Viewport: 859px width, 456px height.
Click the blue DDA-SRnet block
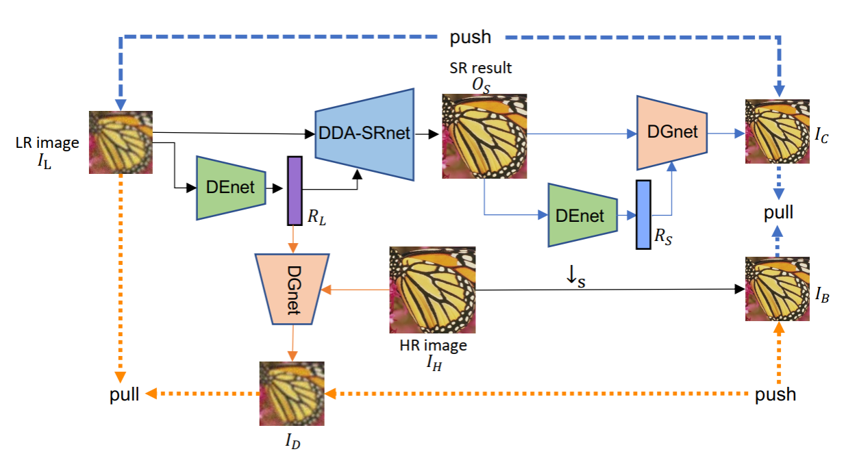pyautogui.click(x=364, y=134)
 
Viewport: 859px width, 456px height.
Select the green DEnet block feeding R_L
pyautogui.click(x=231, y=188)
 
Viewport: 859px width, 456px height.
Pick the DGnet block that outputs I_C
pyautogui.click(x=671, y=132)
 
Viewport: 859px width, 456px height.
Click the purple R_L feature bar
pyautogui.click(x=295, y=190)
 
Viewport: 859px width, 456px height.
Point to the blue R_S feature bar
pyautogui.click(x=643, y=214)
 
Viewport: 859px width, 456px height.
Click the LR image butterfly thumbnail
pyautogui.click(x=121, y=142)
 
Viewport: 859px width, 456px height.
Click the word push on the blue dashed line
pyautogui.click(x=471, y=36)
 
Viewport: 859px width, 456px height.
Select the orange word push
pyautogui.click(x=775, y=394)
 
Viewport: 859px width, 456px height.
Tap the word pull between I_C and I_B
pyautogui.click(x=779, y=212)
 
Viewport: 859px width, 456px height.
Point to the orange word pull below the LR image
pyautogui.click(x=124, y=394)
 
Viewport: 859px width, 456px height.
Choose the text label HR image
pyautogui.click(x=433, y=346)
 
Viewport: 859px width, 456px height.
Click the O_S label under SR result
pyautogui.click(x=481, y=84)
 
